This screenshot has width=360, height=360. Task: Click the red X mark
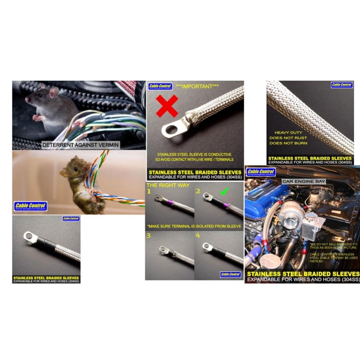tap(167, 106)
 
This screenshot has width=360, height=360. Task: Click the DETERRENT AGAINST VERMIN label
tap(80, 145)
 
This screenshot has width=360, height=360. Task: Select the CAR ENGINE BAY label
tap(304, 181)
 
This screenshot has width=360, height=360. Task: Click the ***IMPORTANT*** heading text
tap(197, 87)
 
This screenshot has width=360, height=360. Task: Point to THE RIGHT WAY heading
tap(168, 185)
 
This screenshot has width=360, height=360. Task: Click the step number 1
tap(149, 192)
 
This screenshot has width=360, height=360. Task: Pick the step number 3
tap(148, 236)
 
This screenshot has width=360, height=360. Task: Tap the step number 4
tap(198, 235)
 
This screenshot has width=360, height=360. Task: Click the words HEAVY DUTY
tap(288, 132)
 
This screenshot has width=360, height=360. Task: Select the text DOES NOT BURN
tap(288, 143)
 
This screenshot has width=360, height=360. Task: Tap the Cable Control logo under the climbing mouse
tap(31, 206)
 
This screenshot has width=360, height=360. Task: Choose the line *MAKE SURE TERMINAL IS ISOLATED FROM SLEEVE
tap(194, 226)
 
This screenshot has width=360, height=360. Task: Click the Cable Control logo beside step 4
tap(231, 274)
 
